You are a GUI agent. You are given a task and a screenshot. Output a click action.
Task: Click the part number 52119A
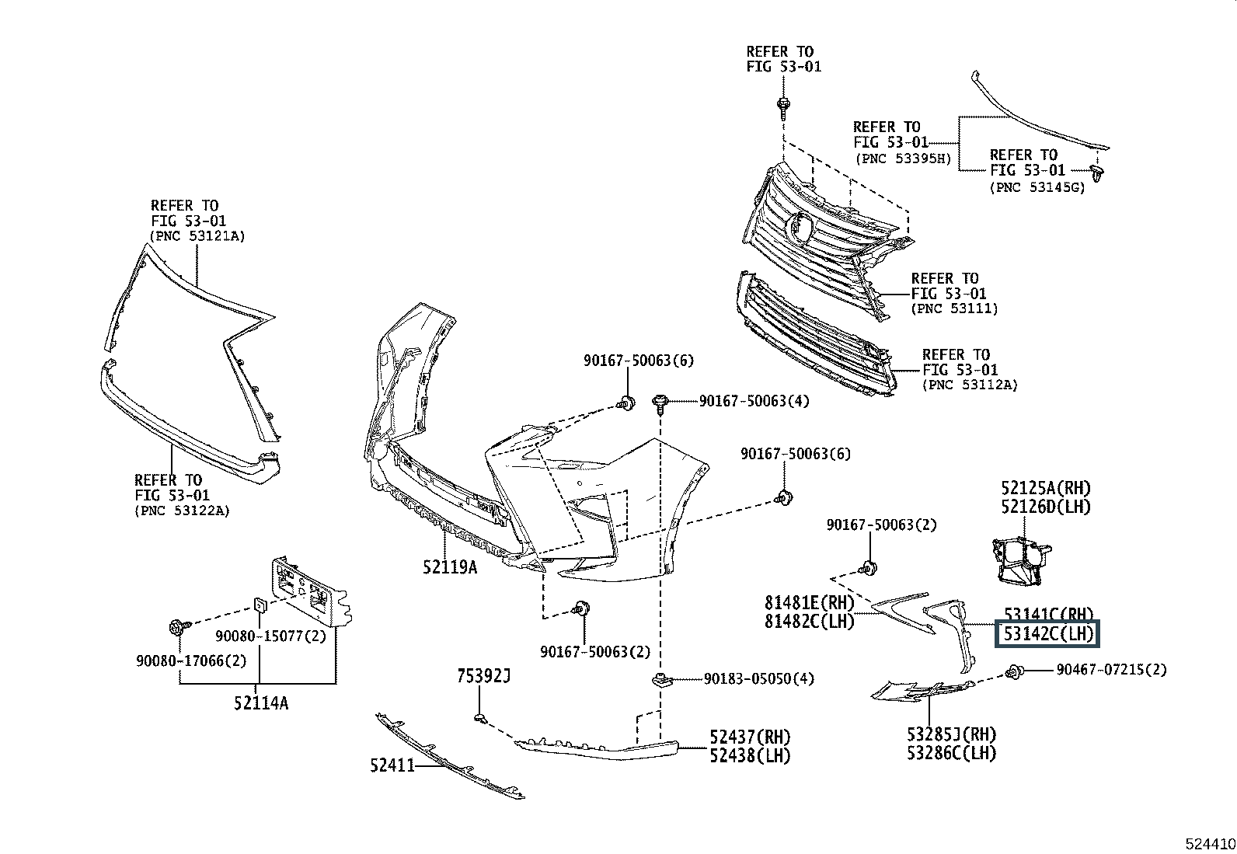[450, 567]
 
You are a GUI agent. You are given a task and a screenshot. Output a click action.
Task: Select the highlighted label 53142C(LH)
[1047, 633]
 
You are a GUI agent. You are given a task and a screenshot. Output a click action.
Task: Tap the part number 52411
[392, 765]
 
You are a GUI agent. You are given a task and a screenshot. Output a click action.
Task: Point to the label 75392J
[484, 676]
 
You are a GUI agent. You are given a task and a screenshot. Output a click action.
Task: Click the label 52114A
[261, 703]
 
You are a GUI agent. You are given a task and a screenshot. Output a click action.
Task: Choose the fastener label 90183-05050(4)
[759, 679]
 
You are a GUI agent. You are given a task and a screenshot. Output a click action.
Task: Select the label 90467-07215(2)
[1112, 670]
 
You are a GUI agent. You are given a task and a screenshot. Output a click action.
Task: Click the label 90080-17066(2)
[192, 661]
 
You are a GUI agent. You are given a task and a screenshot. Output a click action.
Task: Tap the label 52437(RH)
[750, 737]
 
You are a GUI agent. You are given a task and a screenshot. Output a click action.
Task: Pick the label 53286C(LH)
[952, 754]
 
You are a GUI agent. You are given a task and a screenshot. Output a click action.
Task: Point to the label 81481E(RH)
[810, 603]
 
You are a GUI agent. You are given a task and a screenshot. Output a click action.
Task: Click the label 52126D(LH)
[1047, 507]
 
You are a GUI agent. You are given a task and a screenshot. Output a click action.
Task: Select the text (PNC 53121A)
[197, 236]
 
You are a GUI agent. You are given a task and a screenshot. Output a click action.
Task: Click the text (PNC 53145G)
[1037, 188]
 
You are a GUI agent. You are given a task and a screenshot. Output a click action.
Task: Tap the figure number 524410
[1211, 844]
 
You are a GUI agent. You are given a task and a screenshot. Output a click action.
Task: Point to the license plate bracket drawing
[310, 591]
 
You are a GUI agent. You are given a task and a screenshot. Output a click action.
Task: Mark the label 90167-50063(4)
[754, 401]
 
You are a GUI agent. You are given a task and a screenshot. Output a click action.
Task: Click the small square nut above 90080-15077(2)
[260, 605]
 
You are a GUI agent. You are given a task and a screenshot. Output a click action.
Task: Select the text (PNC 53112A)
[970, 385]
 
